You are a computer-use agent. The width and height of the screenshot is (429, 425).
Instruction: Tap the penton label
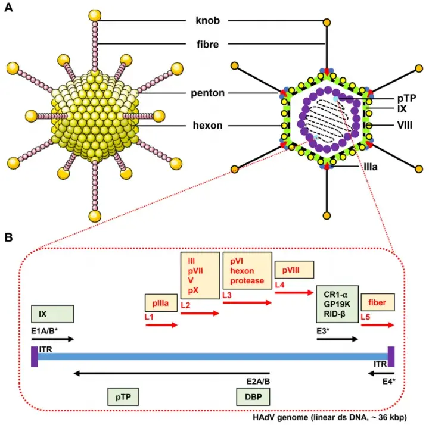tap(207, 93)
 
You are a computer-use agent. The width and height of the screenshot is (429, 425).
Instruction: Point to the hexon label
tap(209, 126)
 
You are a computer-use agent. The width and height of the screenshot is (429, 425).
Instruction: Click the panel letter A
tap(9, 9)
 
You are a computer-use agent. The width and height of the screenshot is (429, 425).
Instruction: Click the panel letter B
tap(9, 237)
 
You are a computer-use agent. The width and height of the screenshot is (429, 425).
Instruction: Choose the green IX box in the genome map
tap(52, 314)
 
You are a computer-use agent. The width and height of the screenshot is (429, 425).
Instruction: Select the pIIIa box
tap(161, 303)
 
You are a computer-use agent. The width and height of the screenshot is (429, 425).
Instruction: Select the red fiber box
tap(377, 302)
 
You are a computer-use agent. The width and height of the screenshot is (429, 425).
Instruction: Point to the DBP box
tap(253, 397)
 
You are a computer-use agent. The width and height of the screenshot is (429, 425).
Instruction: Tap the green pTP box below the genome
tap(123, 397)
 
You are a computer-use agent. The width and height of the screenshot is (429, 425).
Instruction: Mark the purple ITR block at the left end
tap(35, 356)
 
